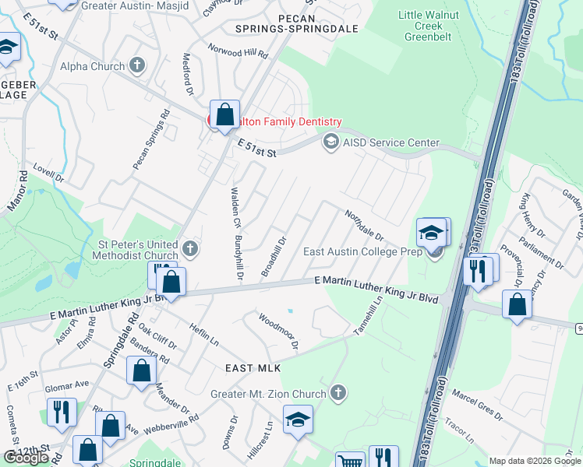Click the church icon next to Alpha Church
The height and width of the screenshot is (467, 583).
tap(138, 65)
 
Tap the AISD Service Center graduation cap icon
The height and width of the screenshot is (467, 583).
tap(330, 142)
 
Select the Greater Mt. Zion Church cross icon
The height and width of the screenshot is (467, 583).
tap(337, 393)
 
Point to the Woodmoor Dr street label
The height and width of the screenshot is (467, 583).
tap(278, 330)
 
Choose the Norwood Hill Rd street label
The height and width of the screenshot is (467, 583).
tap(237, 52)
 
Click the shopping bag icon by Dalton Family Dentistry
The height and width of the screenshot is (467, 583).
tap(225, 114)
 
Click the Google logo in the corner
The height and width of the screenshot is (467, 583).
tap(26, 457)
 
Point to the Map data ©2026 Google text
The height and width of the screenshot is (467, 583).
tap(535, 461)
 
